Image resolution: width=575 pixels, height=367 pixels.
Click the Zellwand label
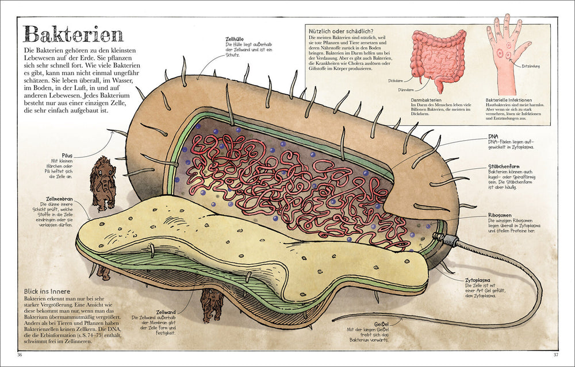coord(166,312)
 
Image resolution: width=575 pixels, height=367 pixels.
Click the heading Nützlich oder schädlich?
coord(341,30)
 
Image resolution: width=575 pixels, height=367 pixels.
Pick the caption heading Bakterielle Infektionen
coord(514,99)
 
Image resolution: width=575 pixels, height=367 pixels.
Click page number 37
coord(555,354)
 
